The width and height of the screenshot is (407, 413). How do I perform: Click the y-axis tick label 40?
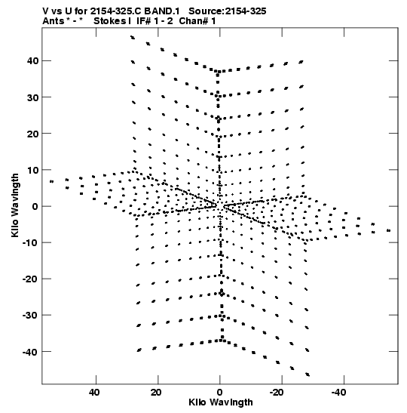[32, 61]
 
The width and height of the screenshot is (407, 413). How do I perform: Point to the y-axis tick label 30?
[32, 97]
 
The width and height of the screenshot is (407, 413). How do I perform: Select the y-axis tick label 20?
[32, 134]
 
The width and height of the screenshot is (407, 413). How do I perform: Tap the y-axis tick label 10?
[32, 170]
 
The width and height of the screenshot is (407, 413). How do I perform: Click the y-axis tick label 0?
[35, 206]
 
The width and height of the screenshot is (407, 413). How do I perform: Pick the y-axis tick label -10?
[30, 242]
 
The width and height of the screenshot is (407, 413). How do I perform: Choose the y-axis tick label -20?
[30, 279]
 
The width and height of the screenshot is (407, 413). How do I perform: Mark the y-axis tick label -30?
[30, 316]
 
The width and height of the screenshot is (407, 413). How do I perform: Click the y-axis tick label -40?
[30, 352]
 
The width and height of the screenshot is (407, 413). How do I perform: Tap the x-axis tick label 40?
[94, 393]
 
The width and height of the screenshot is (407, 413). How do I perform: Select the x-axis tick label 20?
[156, 393]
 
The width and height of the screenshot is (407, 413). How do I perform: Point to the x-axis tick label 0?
[219, 393]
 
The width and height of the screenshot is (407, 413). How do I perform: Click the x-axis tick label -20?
[277, 393]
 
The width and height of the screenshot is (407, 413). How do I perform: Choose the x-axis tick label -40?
[338, 393]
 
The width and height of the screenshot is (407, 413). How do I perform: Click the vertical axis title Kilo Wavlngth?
[15, 205]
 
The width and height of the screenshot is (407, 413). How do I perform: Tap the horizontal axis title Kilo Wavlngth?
[221, 402]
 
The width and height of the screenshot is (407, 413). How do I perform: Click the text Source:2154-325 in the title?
[228, 11]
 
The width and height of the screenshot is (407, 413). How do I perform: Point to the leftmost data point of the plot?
[51, 181]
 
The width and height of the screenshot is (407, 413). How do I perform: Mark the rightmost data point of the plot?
[389, 231]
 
